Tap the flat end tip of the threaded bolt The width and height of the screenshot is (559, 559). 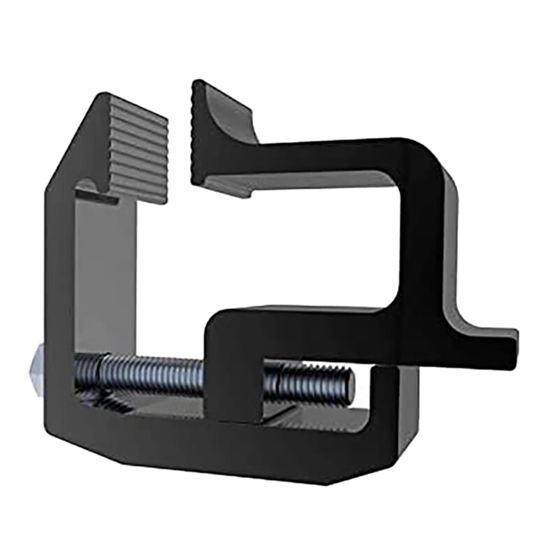[x=349, y=384]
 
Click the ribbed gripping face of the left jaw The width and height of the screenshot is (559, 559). [x=138, y=147]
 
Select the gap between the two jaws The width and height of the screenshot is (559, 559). [x=180, y=140]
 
